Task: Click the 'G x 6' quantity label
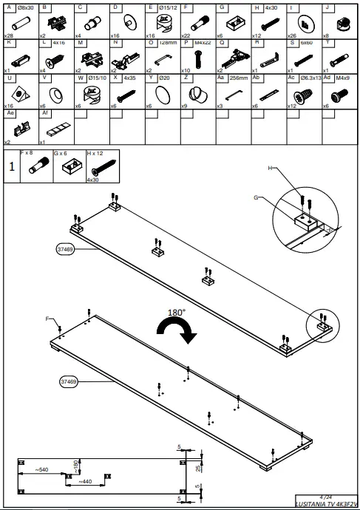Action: [x=61, y=152]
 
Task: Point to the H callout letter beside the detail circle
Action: [x=271, y=169]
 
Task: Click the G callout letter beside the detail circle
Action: [x=256, y=197]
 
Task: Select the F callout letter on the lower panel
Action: [x=47, y=319]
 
